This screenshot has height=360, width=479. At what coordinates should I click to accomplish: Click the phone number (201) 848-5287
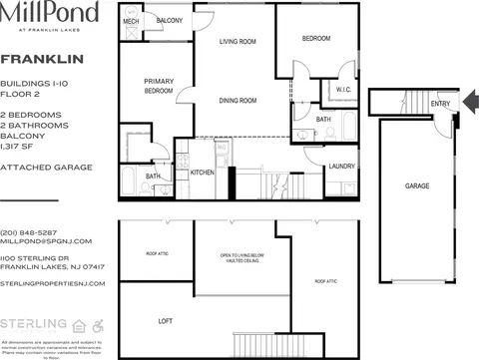pos(29,232)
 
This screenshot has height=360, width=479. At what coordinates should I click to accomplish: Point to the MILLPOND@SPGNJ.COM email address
pos(46,241)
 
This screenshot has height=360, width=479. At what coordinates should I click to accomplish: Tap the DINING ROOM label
pos(239,100)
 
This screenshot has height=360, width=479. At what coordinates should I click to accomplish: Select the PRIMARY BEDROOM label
pos(159,86)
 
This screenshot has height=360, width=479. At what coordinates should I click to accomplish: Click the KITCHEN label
pos(203,173)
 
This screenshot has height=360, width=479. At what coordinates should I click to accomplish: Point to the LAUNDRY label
pos(342,166)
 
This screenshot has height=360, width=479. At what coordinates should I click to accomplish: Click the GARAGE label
pos(417,186)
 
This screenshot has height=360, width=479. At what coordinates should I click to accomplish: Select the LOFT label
pos(166,321)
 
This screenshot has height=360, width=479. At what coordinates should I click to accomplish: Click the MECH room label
pos(131,21)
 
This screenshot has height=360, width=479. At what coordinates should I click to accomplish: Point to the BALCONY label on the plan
pos(170,21)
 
